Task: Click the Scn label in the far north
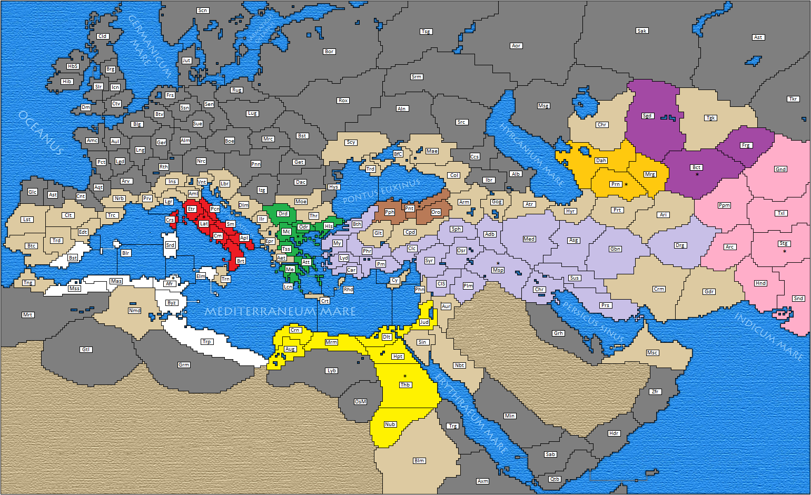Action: click(203, 11)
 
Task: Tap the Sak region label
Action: click(642, 31)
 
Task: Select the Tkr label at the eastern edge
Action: click(793, 99)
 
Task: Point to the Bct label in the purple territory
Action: click(696, 167)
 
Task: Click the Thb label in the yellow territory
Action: click(405, 385)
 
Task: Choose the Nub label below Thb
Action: click(390, 424)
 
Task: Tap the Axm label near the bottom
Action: click(482, 481)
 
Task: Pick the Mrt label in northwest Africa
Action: click(27, 315)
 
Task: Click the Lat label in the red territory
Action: click(204, 224)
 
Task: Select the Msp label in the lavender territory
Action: click(498, 270)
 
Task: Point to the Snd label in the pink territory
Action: click(798, 299)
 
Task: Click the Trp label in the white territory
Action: click(207, 342)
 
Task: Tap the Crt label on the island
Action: click(325, 301)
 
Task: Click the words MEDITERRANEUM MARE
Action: click(280, 311)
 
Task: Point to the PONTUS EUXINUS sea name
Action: click(382, 191)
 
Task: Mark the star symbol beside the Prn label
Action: click(626, 184)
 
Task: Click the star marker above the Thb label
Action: click(405, 376)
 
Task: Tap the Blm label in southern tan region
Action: click(419, 461)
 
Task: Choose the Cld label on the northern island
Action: click(102, 36)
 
